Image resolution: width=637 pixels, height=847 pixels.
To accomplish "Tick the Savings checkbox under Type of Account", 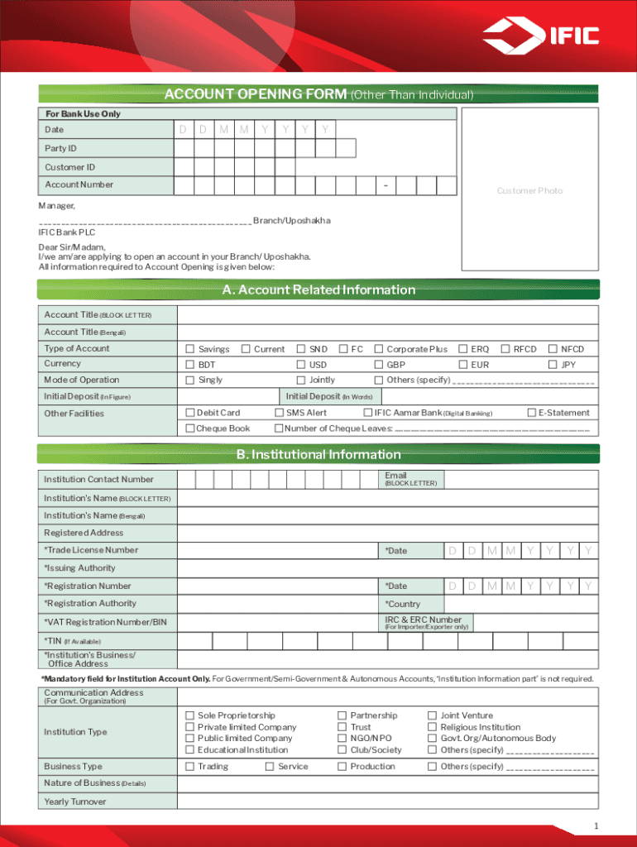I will coord(189,349).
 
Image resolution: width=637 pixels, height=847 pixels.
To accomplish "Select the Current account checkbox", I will coord(245,349).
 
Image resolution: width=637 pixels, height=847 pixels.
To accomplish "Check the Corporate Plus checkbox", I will coord(379,349).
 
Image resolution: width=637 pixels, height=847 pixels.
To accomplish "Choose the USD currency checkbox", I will coord(301,364).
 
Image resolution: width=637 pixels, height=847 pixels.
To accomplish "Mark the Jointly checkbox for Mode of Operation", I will coord(301,380).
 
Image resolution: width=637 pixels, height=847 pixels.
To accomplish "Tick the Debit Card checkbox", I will coord(189,413).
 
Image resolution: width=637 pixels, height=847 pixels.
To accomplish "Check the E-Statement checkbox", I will coord(531,413).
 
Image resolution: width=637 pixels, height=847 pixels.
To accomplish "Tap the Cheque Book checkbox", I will coord(189,428).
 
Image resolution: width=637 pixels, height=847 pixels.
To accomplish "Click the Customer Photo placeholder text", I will coord(529,191).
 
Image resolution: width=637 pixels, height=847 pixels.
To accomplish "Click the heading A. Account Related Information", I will coord(318,290).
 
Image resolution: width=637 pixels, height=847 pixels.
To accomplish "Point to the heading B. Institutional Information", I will coord(318,454).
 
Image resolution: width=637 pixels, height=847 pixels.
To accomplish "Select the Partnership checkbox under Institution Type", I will coord(342,715).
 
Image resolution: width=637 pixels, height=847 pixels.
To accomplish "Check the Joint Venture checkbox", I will coord(432,715).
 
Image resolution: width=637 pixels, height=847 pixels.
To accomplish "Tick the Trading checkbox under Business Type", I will coord(189,767).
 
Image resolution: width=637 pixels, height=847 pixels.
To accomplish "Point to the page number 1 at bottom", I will coord(596,827).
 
